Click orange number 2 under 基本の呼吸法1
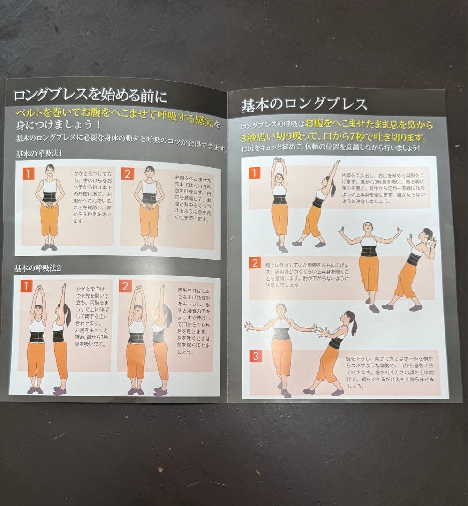pyautogui.click(x=127, y=174)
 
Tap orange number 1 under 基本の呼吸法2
pyautogui.click(x=28, y=286)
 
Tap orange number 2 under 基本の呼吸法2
pyautogui.click(x=126, y=286)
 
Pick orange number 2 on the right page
pyautogui.click(x=254, y=262)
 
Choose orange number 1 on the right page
pyautogui.click(x=254, y=173)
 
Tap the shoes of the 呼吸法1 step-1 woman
pyautogui.click(x=49, y=246)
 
